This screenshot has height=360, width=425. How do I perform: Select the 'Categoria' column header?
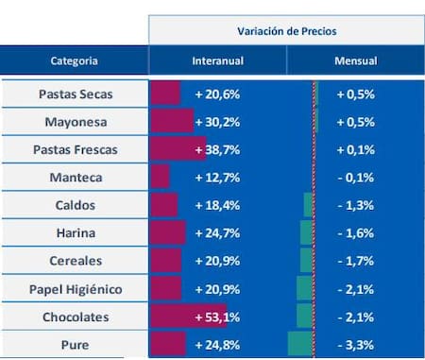pos(74,60)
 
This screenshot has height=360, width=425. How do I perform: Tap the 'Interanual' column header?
pos(218,60)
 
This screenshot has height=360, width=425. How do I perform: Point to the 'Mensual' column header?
pos(355,60)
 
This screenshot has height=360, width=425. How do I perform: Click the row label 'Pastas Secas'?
pos(75,94)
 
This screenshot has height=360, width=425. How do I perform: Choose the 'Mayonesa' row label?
pos(75,122)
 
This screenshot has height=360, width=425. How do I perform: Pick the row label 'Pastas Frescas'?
pos(75,149)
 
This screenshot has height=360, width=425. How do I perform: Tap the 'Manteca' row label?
pos(75,177)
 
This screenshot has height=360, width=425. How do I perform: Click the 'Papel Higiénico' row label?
pos(75,288)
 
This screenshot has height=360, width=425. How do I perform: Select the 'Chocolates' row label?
pos(75,316)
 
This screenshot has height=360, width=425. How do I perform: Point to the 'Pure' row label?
pos(75,343)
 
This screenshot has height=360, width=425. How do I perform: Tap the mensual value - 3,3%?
pos(355,343)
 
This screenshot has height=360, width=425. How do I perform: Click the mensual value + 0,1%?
pos(355,149)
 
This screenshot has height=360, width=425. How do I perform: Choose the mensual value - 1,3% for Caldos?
pos(355,205)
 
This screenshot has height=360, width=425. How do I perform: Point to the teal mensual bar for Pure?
pos(299,343)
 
